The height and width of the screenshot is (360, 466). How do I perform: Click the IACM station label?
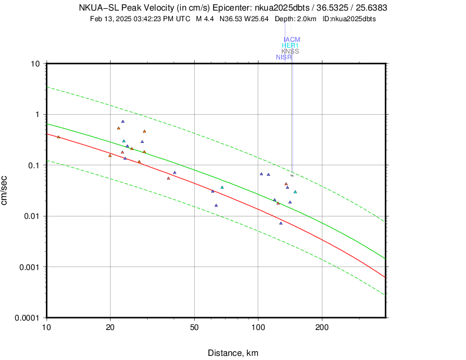[x=292, y=39]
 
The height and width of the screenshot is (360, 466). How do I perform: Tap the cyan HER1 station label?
[x=290, y=45]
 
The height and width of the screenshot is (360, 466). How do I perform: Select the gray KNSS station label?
[x=290, y=51]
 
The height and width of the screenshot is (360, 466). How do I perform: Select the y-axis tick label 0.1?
[x=35, y=165]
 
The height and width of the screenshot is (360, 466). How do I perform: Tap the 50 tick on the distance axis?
[x=194, y=327]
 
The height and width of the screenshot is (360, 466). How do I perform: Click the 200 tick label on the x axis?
[x=322, y=327]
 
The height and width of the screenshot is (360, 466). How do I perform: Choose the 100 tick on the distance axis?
[x=258, y=327]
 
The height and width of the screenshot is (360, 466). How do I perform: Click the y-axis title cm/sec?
[x=6, y=191]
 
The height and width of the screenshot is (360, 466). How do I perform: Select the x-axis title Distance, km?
[x=233, y=353]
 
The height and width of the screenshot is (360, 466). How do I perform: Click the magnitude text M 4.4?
[x=205, y=19]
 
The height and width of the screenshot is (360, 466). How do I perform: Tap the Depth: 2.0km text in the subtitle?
[x=295, y=19]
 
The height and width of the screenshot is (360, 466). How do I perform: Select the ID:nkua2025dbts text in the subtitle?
[x=349, y=19]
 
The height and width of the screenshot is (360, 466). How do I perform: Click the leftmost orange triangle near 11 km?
[x=58, y=137]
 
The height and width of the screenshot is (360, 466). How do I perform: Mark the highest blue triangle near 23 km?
[x=122, y=122]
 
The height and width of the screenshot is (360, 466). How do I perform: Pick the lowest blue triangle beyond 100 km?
[x=281, y=224]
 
